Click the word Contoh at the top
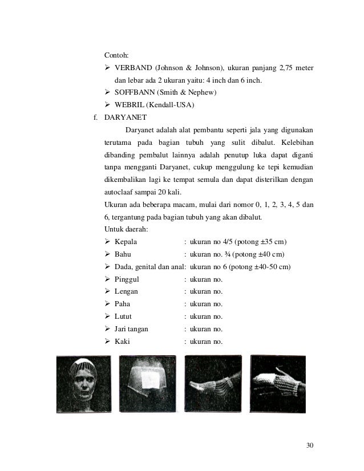[116, 56]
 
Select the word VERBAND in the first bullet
[132, 69]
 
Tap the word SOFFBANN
[135, 93]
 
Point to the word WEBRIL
[129, 105]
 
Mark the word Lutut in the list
[124, 316]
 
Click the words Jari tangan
[131, 329]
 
